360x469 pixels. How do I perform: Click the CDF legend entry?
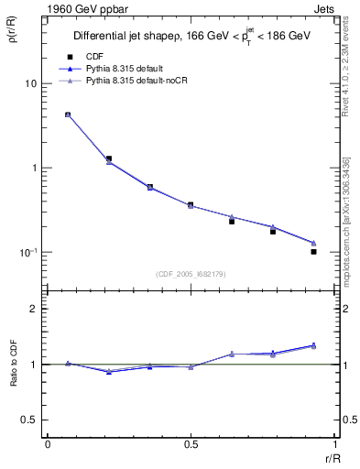click(93, 57)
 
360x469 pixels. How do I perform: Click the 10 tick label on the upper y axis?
click(29, 83)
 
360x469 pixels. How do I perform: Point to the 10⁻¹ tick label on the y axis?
click(27, 252)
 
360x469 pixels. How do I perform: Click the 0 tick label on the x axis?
click(48, 444)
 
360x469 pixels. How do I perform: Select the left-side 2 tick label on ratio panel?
click(34, 309)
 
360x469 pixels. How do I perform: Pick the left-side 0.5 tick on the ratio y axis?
click(29, 420)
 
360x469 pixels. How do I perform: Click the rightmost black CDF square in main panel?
click(313, 251)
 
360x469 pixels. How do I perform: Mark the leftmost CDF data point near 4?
click(68, 115)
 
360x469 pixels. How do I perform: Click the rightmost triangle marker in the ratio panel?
click(313, 345)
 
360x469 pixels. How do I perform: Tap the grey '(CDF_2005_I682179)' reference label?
click(191, 273)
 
